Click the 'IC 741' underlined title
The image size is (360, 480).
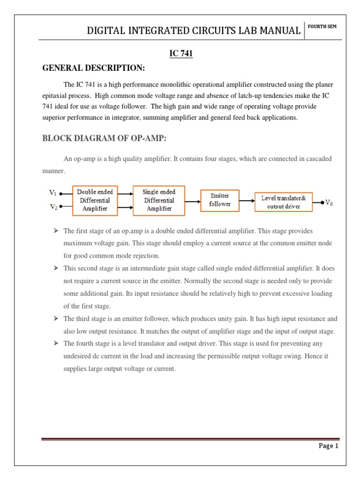click(x=181, y=54)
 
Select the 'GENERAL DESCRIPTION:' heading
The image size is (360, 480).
click(x=94, y=69)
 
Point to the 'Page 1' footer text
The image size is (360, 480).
click(x=328, y=446)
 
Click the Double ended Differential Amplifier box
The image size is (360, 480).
click(x=95, y=200)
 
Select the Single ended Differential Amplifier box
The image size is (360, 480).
click(x=159, y=200)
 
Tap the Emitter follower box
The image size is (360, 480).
click(x=219, y=201)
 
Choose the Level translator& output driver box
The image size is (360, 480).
click(x=283, y=202)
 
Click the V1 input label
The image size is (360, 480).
click(x=53, y=192)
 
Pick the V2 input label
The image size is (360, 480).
click(x=53, y=207)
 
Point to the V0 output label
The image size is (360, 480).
click(x=329, y=203)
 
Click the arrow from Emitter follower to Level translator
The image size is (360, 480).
click(x=247, y=202)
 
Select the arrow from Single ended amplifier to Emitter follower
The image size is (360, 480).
click(x=192, y=202)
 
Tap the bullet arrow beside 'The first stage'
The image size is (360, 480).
click(x=56, y=231)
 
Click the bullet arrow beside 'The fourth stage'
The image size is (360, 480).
click(x=56, y=344)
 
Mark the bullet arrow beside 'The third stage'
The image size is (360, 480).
click(x=56, y=318)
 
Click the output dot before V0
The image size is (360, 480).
click(x=322, y=202)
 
